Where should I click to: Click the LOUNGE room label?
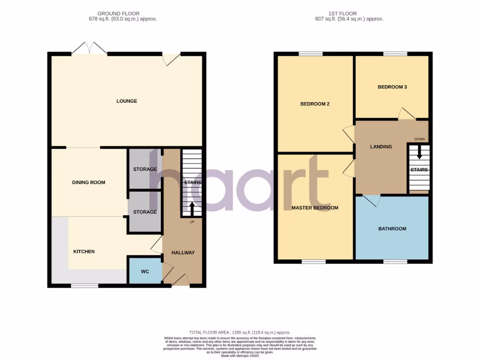tap(127, 101)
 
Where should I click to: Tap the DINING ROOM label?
tap(89, 182)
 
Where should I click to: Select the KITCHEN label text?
tap(84, 252)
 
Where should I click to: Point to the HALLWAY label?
tap(183, 253)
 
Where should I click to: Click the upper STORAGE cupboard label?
tap(145, 169)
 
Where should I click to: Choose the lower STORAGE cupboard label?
tap(145, 212)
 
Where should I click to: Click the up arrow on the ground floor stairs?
tap(192, 208)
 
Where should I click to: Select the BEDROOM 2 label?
tap(315, 104)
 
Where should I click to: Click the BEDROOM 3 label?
tap(392, 87)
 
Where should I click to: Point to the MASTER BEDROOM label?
tap(315, 208)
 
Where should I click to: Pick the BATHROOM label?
tap(392, 229)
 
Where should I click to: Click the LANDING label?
tap(381, 147)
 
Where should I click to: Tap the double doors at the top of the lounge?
tap(90, 49)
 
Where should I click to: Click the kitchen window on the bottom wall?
tap(84, 285)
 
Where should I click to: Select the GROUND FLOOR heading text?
tap(118, 14)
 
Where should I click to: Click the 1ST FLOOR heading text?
tap(349, 14)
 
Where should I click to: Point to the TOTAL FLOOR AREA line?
tap(240, 332)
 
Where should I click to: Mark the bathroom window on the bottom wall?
tap(395, 262)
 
